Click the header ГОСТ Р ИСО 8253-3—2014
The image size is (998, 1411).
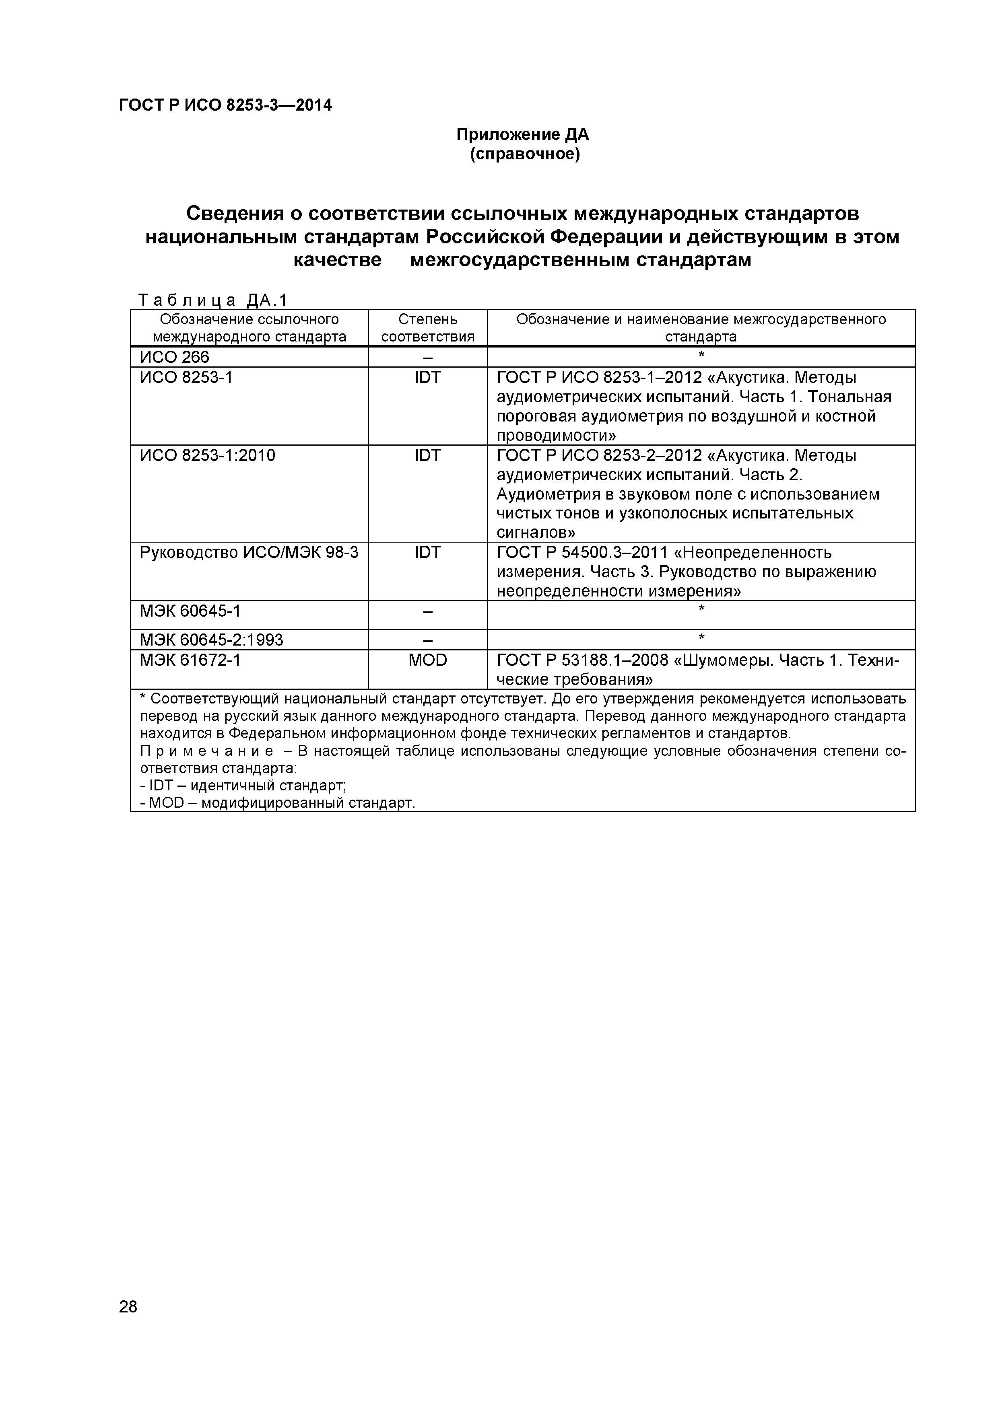pyautogui.click(x=225, y=106)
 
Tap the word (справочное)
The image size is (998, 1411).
pyautogui.click(x=524, y=154)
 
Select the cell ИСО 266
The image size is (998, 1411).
pyautogui.click(x=175, y=357)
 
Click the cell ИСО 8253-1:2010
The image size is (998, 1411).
pyautogui.click(x=207, y=455)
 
